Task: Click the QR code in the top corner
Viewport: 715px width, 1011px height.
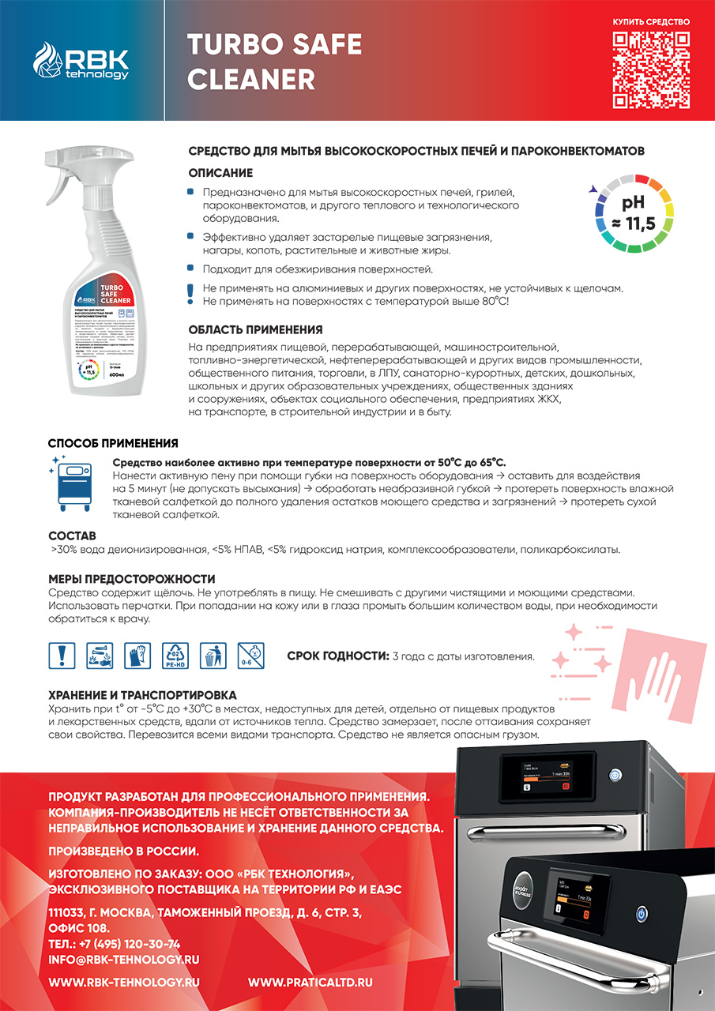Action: (x=651, y=70)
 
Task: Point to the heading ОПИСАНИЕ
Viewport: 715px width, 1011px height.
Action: (x=220, y=172)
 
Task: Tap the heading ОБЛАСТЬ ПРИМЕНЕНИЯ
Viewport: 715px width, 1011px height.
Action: (x=255, y=329)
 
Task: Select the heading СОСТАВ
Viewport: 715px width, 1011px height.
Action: (x=72, y=536)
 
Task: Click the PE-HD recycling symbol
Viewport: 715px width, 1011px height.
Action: (x=174, y=656)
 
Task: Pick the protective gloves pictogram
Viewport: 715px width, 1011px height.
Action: (x=137, y=656)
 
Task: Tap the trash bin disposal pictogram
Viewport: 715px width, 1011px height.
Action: (x=211, y=656)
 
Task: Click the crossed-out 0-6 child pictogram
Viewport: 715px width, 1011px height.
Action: (x=248, y=656)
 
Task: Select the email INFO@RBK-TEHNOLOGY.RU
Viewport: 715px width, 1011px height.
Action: (x=124, y=959)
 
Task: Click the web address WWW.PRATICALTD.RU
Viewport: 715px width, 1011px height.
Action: (x=310, y=982)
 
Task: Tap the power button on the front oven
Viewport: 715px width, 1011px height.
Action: (x=642, y=914)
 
